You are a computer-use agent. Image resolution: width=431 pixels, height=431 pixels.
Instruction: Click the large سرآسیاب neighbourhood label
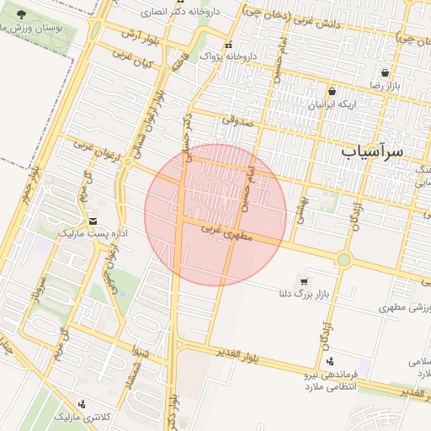coord(373,151)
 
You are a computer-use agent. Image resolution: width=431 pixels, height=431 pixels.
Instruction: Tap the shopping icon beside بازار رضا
coord(386,73)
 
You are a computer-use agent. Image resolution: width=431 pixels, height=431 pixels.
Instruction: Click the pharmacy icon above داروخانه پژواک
coord(227,45)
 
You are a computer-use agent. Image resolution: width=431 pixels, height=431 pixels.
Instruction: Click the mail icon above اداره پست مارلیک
coord(81,220)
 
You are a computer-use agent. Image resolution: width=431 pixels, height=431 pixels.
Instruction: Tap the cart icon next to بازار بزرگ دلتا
coord(304,282)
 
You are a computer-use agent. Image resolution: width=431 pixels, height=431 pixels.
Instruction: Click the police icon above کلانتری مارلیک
coord(81,404)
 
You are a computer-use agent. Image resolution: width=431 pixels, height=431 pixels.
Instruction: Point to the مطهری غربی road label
coord(227,232)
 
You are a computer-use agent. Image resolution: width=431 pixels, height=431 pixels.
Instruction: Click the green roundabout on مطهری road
coord(343,259)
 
